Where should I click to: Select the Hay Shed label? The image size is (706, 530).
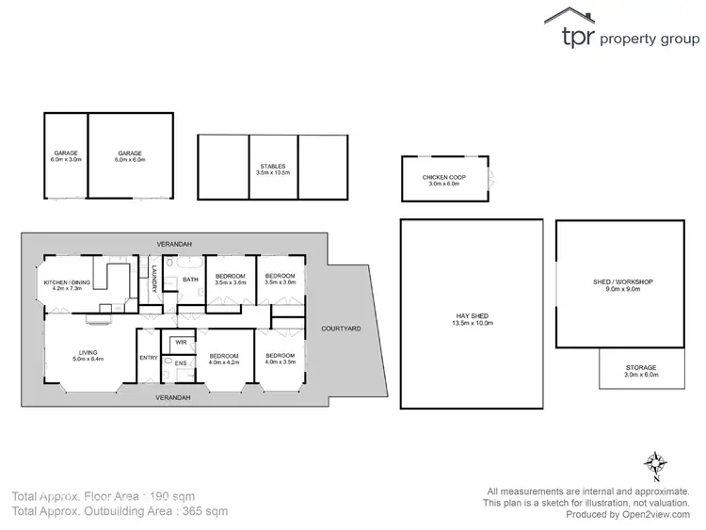472,319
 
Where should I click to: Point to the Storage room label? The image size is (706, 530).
641,371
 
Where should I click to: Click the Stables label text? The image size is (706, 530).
272,169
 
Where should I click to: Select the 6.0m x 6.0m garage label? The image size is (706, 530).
129,156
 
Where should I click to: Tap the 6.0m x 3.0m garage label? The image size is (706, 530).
66,156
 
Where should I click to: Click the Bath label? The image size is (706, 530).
190,280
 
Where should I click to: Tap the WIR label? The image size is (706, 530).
180,342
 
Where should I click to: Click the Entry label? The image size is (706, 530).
149,358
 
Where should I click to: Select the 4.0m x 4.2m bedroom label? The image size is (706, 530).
225,360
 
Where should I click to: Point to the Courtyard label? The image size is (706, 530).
340,329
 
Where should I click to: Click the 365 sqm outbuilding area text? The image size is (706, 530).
203,512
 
